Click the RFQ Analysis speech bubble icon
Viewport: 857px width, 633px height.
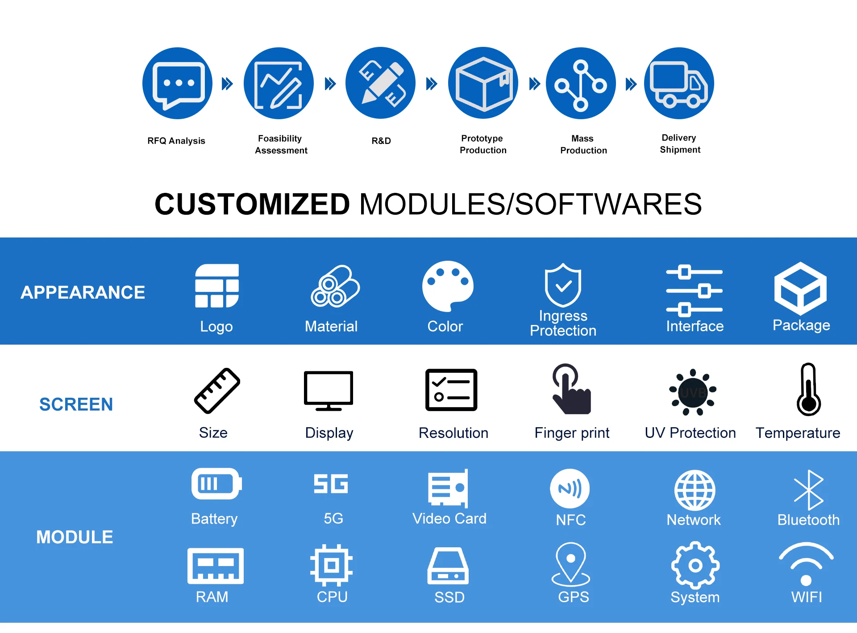(x=178, y=83)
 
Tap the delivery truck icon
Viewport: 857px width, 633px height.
(x=679, y=83)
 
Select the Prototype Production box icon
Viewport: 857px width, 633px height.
(x=483, y=83)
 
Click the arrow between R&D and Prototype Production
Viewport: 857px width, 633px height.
(x=432, y=83)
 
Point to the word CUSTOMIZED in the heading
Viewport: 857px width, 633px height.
(x=252, y=204)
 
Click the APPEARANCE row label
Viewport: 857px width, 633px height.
(x=83, y=292)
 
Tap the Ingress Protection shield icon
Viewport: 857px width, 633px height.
(x=563, y=284)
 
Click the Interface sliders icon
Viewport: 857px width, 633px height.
(x=694, y=290)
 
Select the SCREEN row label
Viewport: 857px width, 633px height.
(x=76, y=404)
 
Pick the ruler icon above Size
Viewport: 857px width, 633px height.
(x=217, y=391)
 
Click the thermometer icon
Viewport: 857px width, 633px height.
(x=808, y=390)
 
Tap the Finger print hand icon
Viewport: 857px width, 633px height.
(x=571, y=389)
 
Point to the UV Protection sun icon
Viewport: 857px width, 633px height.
(x=693, y=392)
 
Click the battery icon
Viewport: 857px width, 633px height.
(x=216, y=483)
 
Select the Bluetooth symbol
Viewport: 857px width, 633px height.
(x=808, y=490)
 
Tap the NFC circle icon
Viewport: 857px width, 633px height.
(x=570, y=488)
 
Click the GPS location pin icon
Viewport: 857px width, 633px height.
(x=571, y=564)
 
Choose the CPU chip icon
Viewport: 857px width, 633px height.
(x=331, y=566)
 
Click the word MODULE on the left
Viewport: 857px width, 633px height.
(x=75, y=537)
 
